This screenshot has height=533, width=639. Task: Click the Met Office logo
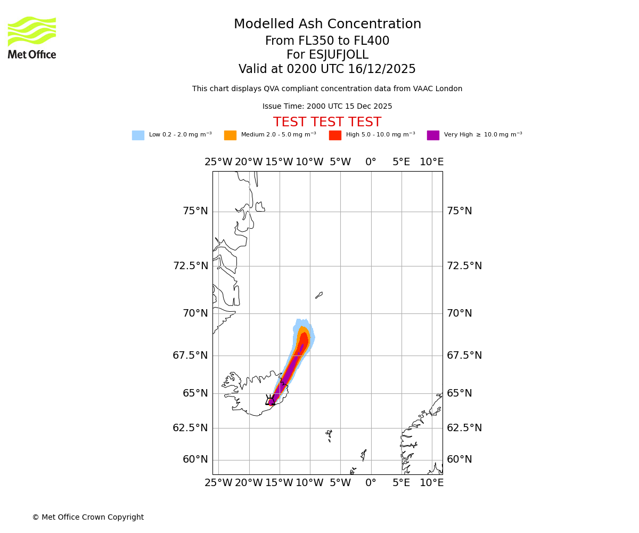[32, 37]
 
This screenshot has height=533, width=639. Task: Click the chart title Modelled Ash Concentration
[327, 24]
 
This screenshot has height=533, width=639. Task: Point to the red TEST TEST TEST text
[327, 122]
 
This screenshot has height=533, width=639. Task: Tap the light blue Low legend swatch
[138, 135]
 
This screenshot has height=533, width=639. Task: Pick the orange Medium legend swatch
[230, 135]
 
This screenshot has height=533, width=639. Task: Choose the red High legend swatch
[335, 135]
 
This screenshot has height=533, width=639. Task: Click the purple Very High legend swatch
[433, 135]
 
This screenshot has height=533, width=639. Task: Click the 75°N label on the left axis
[195, 211]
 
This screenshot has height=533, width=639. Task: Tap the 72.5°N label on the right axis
[464, 265]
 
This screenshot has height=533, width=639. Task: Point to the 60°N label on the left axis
[195, 459]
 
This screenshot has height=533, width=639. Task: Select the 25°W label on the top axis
[218, 162]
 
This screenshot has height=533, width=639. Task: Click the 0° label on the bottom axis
[371, 483]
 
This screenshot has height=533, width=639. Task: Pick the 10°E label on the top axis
[431, 162]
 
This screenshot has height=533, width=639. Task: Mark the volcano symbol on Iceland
[271, 400]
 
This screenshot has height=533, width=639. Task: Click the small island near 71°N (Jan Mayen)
[319, 295]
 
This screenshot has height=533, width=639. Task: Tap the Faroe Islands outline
[329, 435]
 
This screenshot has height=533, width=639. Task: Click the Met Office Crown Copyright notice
[88, 517]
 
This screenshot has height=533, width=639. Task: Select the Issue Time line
[327, 106]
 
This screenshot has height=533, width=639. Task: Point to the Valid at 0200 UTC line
[327, 69]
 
